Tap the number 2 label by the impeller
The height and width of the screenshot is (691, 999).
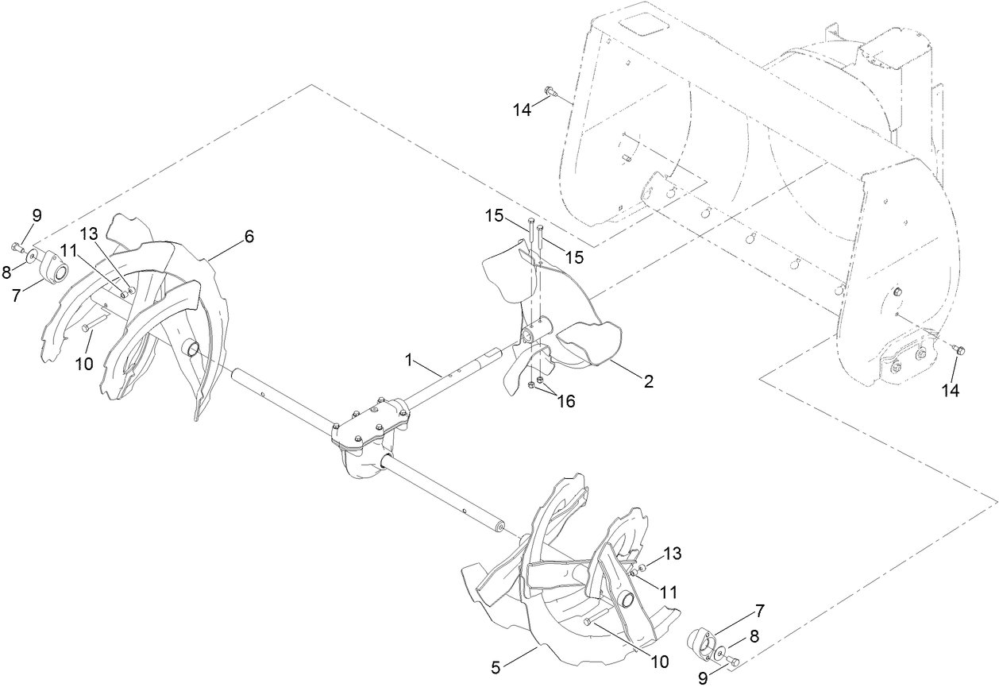point(649,382)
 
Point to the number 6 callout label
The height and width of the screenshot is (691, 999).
point(249,236)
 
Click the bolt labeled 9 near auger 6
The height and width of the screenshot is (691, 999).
point(17,245)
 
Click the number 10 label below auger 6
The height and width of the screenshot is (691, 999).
point(84,365)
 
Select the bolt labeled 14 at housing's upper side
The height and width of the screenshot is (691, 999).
point(550,94)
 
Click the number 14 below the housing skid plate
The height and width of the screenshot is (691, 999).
point(951,390)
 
